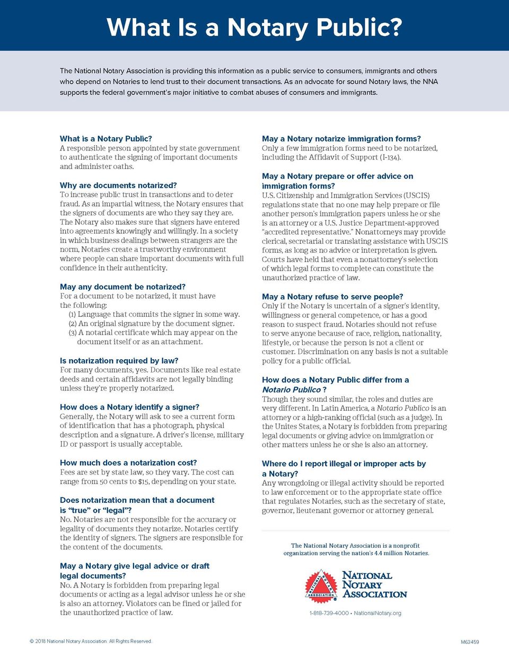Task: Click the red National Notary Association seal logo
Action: (x=321, y=585)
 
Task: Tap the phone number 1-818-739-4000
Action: (x=329, y=613)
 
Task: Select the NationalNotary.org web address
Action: (x=378, y=613)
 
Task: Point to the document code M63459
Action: (x=469, y=642)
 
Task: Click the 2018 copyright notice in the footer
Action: (x=91, y=641)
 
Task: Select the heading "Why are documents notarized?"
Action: (x=118, y=185)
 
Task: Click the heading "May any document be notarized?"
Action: (x=122, y=287)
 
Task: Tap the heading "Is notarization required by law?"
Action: (x=119, y=361)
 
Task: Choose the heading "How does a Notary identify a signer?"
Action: (x=129, y=407)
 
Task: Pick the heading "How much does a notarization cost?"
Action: (x=128, y=463)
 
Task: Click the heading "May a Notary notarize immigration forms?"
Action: (x=341, y=138)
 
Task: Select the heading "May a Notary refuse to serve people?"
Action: (x=332, y=297)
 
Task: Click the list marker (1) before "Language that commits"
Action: (x=73, y=315)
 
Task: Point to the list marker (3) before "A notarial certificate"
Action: (x=73, y=333)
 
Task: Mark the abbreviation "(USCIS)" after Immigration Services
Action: (x=417, y=195)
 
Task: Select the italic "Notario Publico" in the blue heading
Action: (x=291, y=389)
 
